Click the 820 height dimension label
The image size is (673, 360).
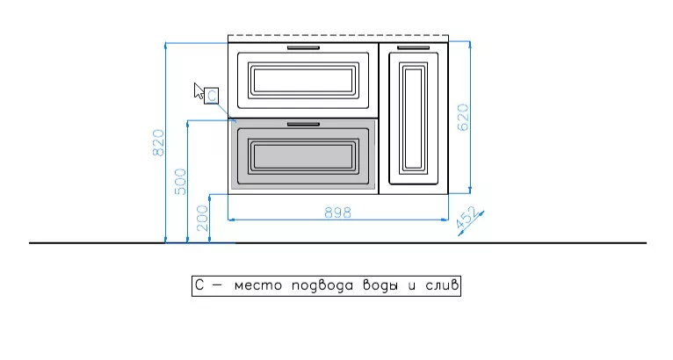(158, 143)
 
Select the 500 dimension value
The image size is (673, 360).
(181, 182)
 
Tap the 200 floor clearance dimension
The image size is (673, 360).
(203, 219)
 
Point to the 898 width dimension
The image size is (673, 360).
(337, 212)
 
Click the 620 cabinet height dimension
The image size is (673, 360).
(463, 117)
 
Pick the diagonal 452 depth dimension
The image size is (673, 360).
(467, 218)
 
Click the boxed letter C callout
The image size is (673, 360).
(211, 96)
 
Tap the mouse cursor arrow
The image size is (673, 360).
(199, 91)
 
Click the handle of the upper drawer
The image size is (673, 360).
(303, 47)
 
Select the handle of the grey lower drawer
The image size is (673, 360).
(303, 125)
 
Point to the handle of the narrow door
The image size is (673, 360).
(413, 47)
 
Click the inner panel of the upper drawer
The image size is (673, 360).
(303, 80)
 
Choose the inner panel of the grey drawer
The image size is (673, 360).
(303, 156)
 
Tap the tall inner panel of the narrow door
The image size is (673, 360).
(413, 119)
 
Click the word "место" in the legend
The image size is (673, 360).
(258, 285)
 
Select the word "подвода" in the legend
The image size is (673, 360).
(322, 285)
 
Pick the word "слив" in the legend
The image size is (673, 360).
(442, 285)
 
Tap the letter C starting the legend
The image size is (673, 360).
(199, 285)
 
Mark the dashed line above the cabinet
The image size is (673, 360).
(338, 35)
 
